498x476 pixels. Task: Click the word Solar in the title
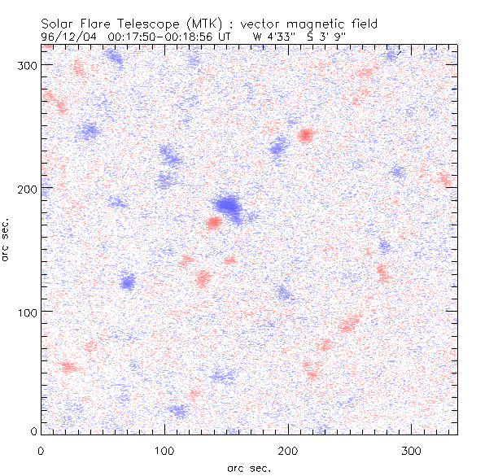[x=59, y=24]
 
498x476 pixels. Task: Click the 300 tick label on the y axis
[x=24, y=64]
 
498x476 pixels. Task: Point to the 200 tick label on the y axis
[x=24, y=188]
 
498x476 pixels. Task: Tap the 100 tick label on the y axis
[x=24, y=312]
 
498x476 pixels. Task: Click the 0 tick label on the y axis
[x=32, y=431]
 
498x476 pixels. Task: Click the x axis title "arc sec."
[x=249, y=468]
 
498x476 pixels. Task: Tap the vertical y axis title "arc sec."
[x=6, y=238]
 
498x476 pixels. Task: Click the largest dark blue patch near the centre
[x=227, y=205]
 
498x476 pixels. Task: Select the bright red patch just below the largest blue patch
[x=213, y=222]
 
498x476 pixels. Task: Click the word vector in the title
[x=261, y=24]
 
